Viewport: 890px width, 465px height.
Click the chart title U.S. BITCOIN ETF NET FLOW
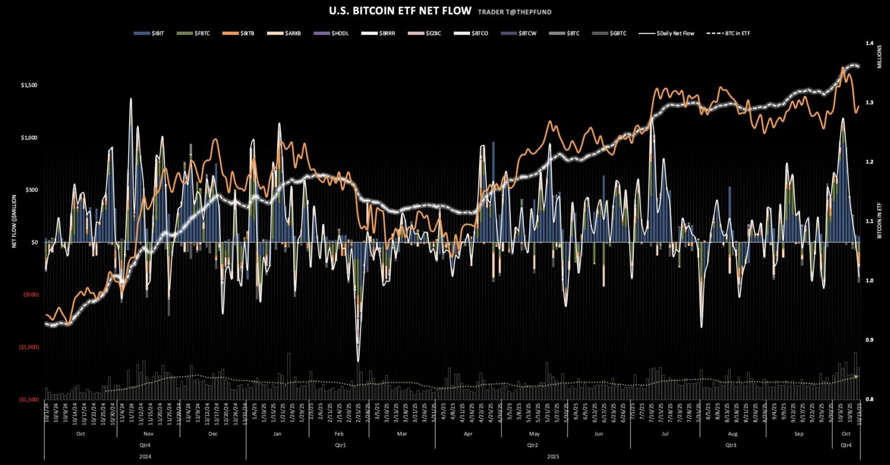click(399, 10)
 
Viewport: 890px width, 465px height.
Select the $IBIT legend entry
click(153, 34)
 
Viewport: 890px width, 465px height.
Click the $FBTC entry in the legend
click(197, 34)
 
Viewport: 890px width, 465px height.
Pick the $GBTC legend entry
click(608, 34)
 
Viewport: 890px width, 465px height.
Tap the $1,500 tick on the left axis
click(29, 85)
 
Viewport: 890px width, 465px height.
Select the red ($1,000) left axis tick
click(28, 347)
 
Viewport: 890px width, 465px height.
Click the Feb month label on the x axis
click(339, 434)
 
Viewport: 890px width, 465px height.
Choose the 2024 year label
click(145, 456)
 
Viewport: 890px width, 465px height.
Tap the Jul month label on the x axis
click(665, 434)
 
